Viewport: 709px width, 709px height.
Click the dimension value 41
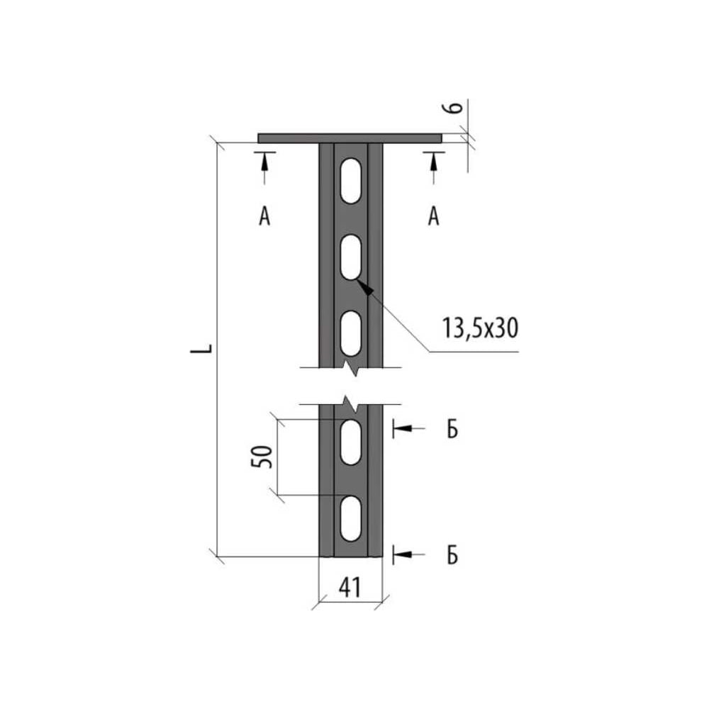click(x=350, y=587)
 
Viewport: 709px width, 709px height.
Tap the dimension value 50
click(x=262, y=457)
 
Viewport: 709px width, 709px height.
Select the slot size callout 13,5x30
click(x=480, y=328)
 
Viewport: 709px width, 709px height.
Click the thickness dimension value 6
click(x=456, y=107)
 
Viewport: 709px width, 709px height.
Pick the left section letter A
click(x=264, y=216)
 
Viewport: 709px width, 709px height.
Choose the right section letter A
click(x=434, y=216)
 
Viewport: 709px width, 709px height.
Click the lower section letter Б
click(x=452, y=554)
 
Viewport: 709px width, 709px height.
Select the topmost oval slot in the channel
click(x=351, y=180)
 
